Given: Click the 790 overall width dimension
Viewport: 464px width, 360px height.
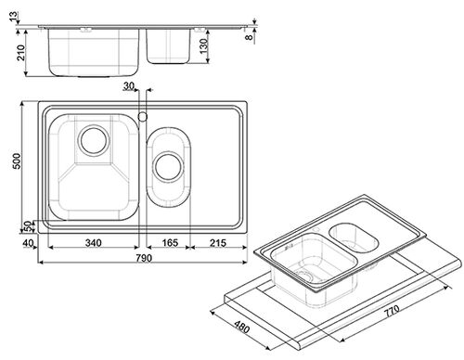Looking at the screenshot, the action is [144, 258].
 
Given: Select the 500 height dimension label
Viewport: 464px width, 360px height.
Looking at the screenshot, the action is [17, 161].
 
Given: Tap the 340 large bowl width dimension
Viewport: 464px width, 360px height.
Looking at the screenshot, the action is [93, 243].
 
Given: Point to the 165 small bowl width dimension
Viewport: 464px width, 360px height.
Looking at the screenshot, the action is [170, 243].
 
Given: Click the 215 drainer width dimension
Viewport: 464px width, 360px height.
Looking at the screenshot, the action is [218, 243].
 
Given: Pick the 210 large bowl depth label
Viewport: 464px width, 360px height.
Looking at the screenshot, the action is [20, 53].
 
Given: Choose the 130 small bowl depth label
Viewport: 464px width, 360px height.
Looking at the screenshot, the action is [204, 45].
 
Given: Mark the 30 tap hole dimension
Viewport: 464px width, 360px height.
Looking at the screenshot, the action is [128, 85].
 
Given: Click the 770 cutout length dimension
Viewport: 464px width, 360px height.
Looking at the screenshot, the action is [392, 311].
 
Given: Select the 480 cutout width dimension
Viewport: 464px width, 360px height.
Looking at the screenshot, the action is [241, 327].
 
